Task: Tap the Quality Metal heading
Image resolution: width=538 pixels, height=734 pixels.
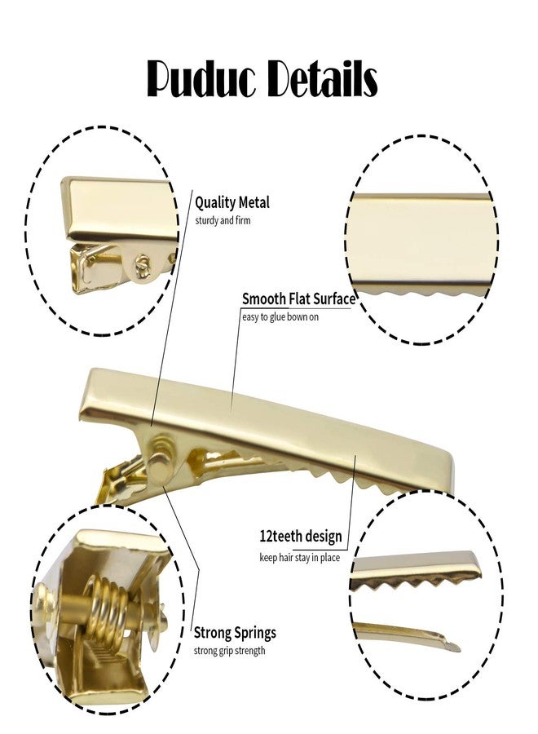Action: tap(232, 203)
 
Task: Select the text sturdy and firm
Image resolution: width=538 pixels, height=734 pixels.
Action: tap(223, 220)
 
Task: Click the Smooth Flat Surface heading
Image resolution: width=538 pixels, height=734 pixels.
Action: tap(298, 298)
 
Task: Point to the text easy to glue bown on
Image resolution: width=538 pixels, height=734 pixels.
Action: tap(280, 317)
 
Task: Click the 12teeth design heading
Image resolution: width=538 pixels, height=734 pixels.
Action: tap(301, 536)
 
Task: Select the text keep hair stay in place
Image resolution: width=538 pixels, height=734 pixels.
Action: tap(299, 558)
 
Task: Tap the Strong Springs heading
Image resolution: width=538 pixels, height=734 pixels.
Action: tap(235, 633)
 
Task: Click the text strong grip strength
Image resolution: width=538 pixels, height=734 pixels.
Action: tap(229, 651)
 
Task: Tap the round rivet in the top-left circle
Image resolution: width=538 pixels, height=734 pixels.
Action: tap(140, 264)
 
